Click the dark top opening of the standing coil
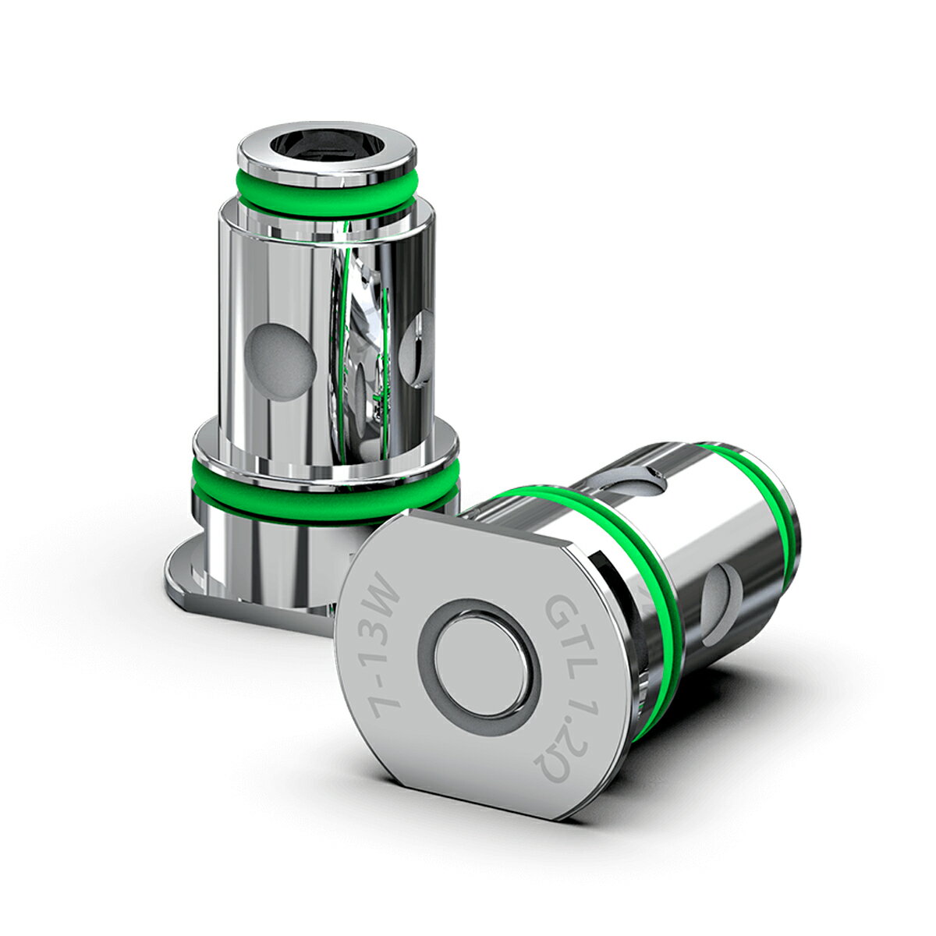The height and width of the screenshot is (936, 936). pyautogui.click(x=326, y=148)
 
